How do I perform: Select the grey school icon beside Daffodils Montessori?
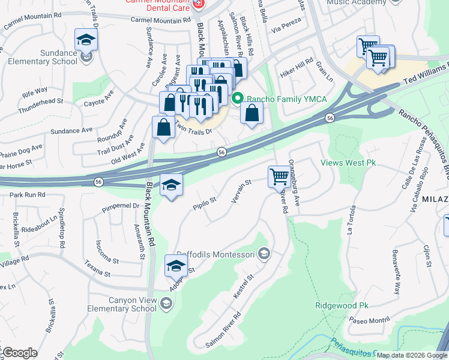[x=263, y=254]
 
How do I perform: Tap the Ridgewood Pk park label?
[x=342, y=305]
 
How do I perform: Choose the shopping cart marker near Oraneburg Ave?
[x=279, y=177]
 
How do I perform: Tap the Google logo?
[x=19, y=353]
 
